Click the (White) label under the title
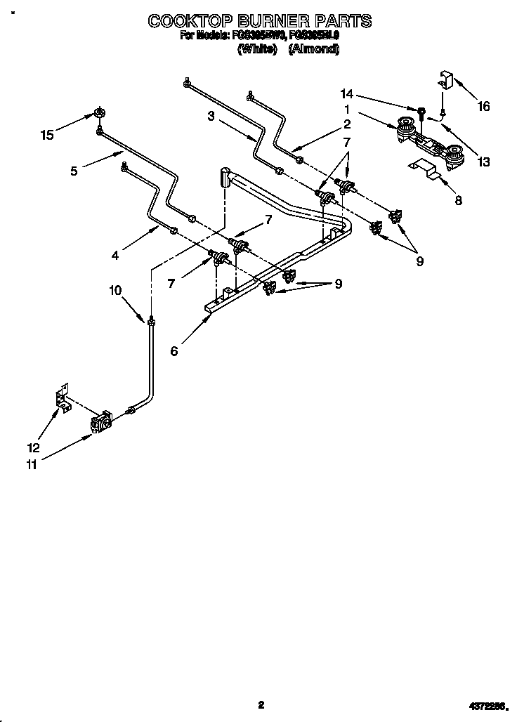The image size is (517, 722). pyautogui.click(x=257, y=49)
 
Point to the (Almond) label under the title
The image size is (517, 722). pyautogui.click(x=314, y=49)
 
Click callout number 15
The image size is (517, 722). pyautogui.click(x=47, y=135)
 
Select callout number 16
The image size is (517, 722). pyautogui.click(x=483, y=107)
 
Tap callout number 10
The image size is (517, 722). pyautogui.click(x=116, y=289)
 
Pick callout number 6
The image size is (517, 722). pyautogui.click(x=174, y=351)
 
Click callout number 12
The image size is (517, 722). pyautogui.click(x=33, y=447)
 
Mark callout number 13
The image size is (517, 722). pyautogui.click(x=483, y=162)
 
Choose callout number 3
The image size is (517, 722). pyautogui.click(x=211, y=117)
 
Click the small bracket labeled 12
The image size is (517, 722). pyautogui.click(x=63, y=399)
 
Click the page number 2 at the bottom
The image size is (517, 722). pyautogui.click(x=261, y=704)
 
